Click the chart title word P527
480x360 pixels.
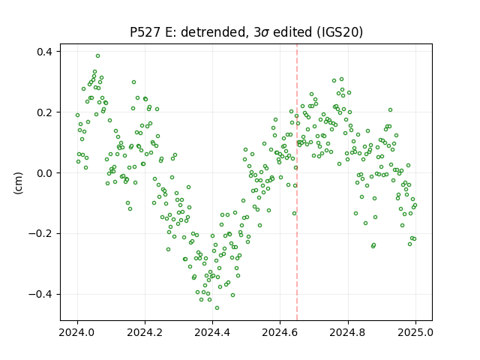pyautogui.click(x=145, y=32)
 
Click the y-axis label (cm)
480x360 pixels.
pyautogui.click(x=18, y=183)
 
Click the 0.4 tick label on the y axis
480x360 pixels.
pyautogui.click(x=45, y=52)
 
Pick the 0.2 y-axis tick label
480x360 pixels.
pyautogui.click(x=45, y=112)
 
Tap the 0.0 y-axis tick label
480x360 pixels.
pyautogui.click(x=45, y=173)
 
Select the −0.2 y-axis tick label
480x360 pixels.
pyautogui.click(x=40, y=233)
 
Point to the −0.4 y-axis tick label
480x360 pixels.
pyautogui.click(x=40, y=294)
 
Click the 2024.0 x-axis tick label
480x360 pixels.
pyautogui.click(x=77, y=332)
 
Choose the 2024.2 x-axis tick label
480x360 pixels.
pyautogui.click(x=145, y=332)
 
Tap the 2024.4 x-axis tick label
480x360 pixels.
pyautogui.click(x=212, y=332)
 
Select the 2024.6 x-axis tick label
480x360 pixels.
pyautogui.click(x=280, y=332)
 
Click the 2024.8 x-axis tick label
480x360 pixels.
pyautogui.click(x=348, y=332)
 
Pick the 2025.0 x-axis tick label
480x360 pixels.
pyautogui.click(x=415, y=332)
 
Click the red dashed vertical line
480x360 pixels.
pyautogui.click(x=297, y=182)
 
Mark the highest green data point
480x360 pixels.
pyautogui.click(x=97, y=56)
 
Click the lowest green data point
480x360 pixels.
pyautogui.click(x=217, y=308)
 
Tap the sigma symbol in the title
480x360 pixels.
pyautogui.click(x=265, y=33)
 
